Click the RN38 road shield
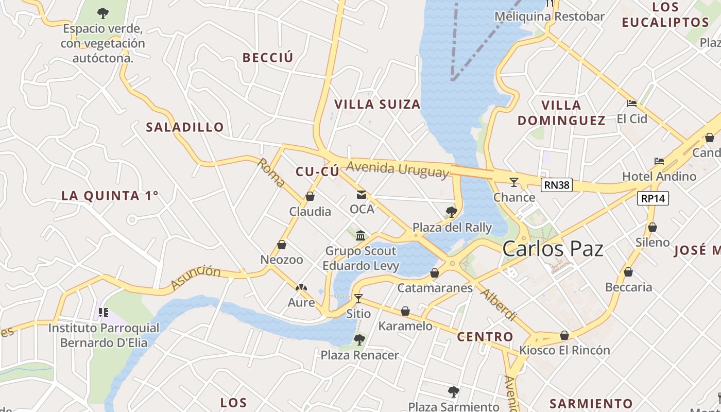coord(557,185)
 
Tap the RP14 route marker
coord(653,198)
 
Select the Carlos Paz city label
coord(553,249)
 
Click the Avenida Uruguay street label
coord(397,169)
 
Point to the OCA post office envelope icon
coord(362,195)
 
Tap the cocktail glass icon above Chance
coord(513,182)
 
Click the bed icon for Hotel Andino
coord(659,161)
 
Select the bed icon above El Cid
coord(632,104)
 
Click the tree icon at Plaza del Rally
coord(451,212)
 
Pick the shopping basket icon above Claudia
coord(310,196)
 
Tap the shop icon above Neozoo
coord(282,245)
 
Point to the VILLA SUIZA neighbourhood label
coord(377,105)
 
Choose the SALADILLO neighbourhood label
coord(185,127)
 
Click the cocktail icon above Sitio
coord(358,298)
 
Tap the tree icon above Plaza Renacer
coord(359,340)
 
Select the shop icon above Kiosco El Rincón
coord(564,335)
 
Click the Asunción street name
coord(195,277)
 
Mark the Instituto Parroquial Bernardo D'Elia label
coord(104,335)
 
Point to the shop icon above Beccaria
coord(628,272)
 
